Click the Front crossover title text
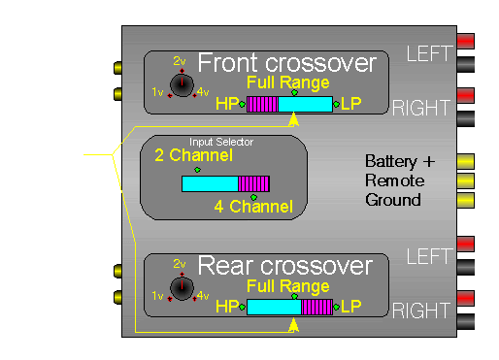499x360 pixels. tap(286, 64)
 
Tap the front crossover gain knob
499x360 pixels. tap(181, 85)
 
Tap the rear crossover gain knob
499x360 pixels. tap(181, 288)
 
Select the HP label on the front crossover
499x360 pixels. tap(226, 104)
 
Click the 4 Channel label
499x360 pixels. tap(253, 206)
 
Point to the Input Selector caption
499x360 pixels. tap(222, 142)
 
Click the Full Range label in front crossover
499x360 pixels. tap(287, 82)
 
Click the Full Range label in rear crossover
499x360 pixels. tap(287, 285)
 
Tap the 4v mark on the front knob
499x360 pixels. tap(202, 92)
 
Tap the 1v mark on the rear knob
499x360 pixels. tap(158, 295)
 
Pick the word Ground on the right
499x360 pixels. tap(392, 200)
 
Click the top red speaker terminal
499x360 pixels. tap(466, 42)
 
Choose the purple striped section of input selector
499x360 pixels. tap(254, 182)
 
